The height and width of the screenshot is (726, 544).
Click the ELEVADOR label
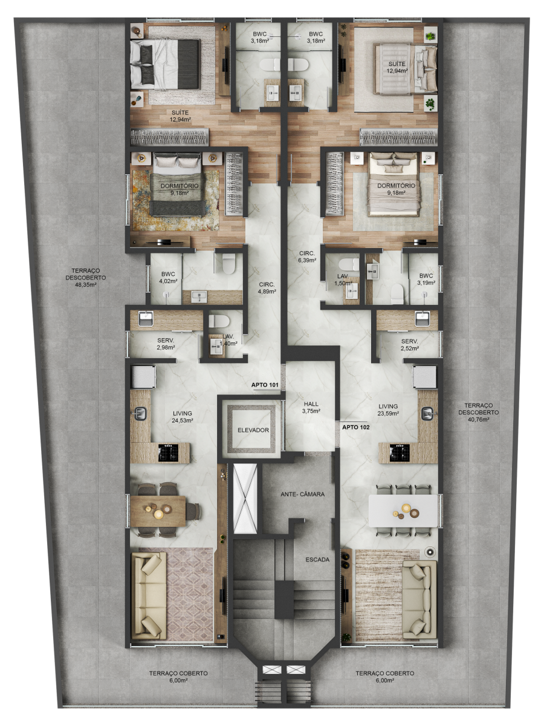pos(253,430)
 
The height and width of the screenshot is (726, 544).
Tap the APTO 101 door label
pos(265,385)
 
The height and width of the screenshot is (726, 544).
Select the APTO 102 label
pos(356,427)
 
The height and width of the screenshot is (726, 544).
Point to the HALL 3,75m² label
pos(311,408)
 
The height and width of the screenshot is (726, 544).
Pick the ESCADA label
pos(317,560)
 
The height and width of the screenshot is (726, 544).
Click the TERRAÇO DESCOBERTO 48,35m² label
pos(86,278)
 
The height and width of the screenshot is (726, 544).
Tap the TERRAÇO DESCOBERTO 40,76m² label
pos(478,412)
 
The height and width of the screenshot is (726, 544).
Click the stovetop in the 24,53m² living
pos(168,453)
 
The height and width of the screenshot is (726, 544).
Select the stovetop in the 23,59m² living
pos(400,453)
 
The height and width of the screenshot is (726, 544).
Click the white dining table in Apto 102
pos(403,511)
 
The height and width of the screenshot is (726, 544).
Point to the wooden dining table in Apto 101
pos(158,511)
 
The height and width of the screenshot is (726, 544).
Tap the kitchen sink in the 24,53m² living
pos(140,413)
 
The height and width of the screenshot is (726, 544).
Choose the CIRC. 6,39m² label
pos(307,257)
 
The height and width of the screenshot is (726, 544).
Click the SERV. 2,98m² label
pos(166,344)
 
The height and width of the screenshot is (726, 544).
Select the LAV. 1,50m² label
pos(343,280)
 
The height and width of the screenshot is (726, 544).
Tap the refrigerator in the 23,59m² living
pos(424,377)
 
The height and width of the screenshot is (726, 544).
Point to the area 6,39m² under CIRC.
pos(307,260)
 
